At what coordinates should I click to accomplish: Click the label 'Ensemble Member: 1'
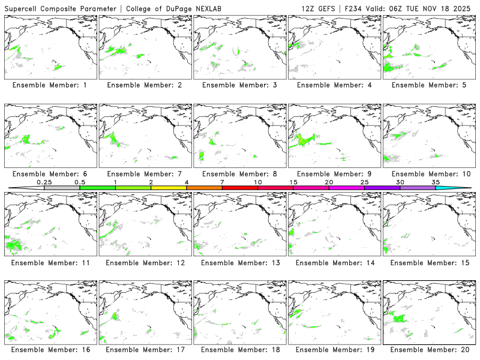(49, 85)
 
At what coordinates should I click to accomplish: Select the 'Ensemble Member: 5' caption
(428, 85)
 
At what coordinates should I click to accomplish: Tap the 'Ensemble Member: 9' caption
(334, 174)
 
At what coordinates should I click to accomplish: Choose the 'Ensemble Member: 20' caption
(428, 349)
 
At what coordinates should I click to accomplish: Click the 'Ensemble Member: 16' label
(49, 349)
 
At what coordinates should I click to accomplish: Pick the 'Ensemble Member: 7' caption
(144, 174)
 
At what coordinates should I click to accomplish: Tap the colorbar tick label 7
(222, 182)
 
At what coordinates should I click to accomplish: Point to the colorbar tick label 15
(293, 182)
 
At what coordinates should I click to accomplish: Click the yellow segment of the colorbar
(169, 188)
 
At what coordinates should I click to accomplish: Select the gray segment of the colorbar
(62, 188)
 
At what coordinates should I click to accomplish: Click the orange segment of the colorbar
(204, 188)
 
